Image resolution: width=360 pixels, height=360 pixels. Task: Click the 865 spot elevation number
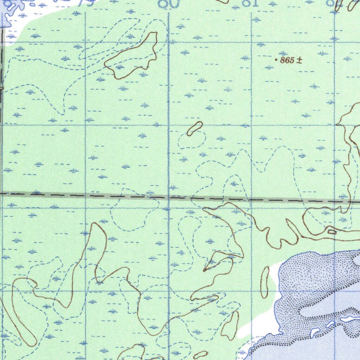point(287,60)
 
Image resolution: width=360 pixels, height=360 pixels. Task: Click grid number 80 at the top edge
point(169,4)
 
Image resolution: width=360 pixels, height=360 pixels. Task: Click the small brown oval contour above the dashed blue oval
point(195,128)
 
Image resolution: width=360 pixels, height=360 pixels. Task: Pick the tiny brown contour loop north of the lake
point(332,231)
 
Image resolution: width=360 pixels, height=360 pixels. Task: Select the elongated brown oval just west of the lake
point(264,282)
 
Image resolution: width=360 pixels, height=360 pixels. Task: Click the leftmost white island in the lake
point(315,332)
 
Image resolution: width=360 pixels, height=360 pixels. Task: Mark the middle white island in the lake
point(330,324)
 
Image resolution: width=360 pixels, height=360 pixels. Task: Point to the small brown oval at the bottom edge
point(200,355)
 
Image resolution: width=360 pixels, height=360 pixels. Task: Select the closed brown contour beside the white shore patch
point(230,325)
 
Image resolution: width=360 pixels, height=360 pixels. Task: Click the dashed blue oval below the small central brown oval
point(192,140)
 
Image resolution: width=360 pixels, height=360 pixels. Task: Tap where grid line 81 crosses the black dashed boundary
point(251,200)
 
